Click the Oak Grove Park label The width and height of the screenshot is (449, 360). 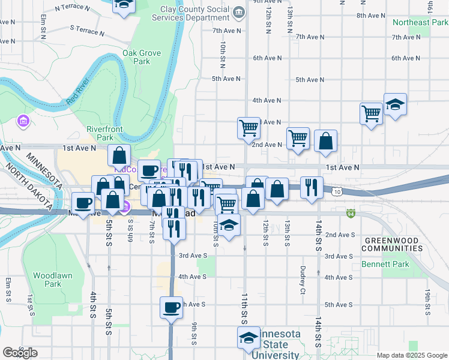click(142, 57)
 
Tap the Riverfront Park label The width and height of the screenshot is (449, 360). click(104, 133)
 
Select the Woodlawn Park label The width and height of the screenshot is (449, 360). click(47, 280)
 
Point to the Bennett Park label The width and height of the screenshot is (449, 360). click(384, 264)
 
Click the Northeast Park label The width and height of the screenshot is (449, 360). click(420, 22)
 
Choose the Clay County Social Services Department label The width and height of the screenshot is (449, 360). click(196, 14)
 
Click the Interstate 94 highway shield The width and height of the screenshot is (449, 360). click(351, 212)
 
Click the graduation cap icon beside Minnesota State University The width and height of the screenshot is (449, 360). click(248, 338)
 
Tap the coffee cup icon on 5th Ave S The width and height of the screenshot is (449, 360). click(171, 308)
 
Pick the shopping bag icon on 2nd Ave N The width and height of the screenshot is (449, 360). click(325, 142)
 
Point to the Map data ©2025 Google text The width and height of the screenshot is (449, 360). click(412, 355)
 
